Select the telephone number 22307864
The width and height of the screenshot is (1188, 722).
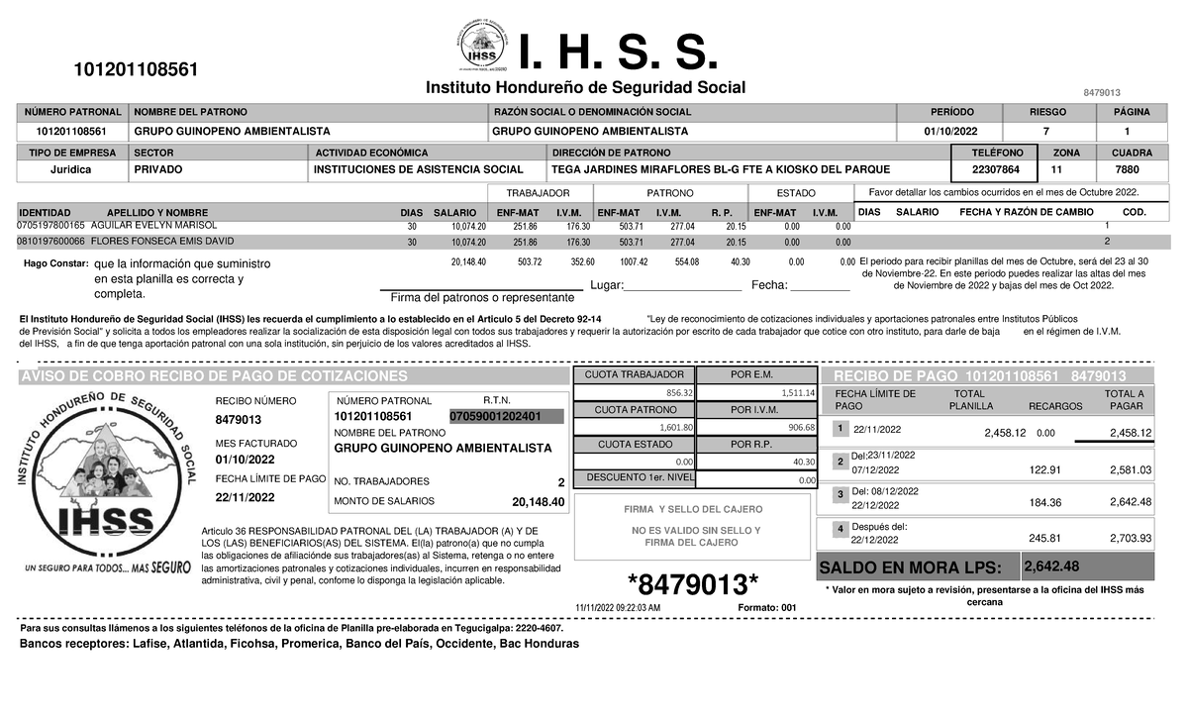click(994, 169)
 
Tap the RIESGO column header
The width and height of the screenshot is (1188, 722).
click(1047, 112)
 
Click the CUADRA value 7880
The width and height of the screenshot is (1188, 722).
click(1126, 169)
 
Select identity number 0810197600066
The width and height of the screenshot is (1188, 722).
click(51, 241)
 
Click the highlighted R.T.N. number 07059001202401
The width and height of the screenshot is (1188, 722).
click(495, 416)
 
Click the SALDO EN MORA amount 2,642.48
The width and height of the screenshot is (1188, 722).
click(1051, 567)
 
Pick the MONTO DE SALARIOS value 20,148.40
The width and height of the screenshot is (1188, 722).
click(539, 502)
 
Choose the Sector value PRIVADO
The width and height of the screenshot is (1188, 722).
click(157, 169)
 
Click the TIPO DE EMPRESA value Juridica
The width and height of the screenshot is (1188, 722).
click(70, 169)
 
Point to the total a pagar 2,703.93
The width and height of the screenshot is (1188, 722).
click(1131, 539)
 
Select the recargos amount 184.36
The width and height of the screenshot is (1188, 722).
click(1045, 503)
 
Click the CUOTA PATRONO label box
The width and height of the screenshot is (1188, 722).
click(634, 410)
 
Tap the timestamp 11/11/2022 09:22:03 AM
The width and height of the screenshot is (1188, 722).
click(617, 607)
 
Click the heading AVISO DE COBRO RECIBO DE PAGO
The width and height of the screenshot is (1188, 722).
click(213, 377)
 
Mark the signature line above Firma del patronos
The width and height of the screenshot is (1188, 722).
click(481, 289)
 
